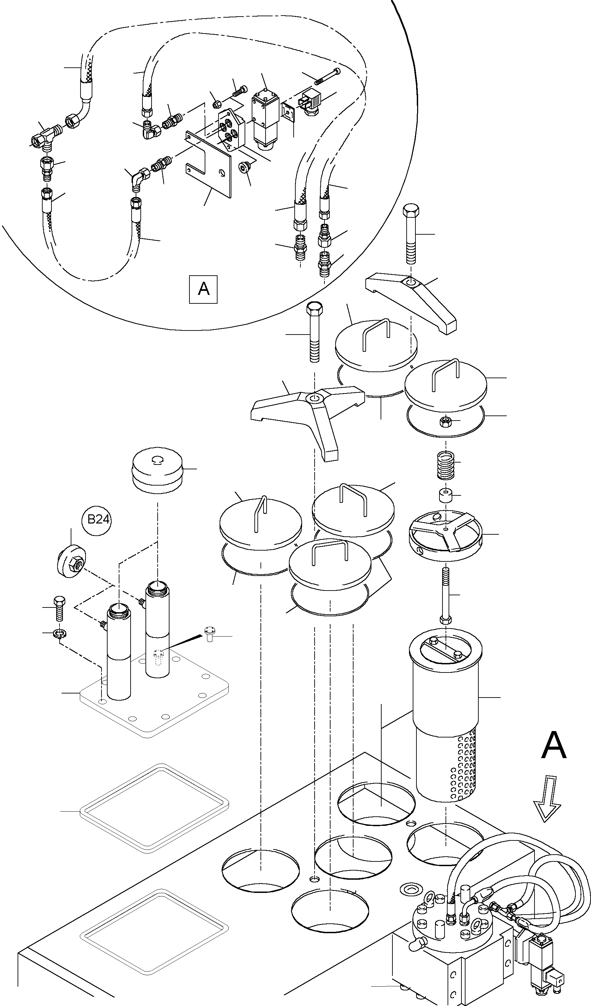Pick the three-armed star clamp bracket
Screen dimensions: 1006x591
coord(311,411)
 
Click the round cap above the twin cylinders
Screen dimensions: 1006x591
coord(158,470)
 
